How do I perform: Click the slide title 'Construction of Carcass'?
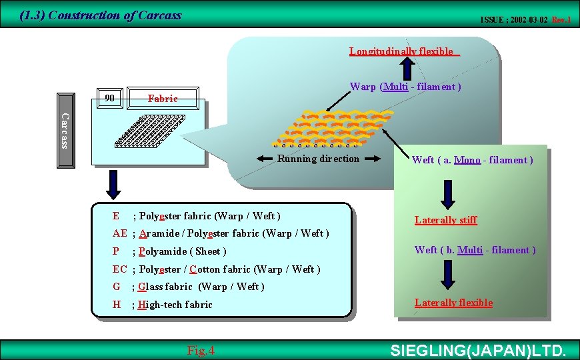[100, 15]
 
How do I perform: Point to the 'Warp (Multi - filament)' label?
[406, 87]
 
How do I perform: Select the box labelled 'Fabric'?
[163, 98]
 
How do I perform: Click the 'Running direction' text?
[318, 159]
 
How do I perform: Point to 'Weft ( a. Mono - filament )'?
[472, 160]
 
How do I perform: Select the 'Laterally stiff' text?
[445, 220]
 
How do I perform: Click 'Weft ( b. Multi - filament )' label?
[475, 250]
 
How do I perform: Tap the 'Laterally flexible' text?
[453, 303]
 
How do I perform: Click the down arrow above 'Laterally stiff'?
[447, 194]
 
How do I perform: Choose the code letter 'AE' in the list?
[120, 233]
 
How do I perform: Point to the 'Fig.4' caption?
[201, 350]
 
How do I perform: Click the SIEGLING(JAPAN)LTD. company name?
[477, 351]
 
